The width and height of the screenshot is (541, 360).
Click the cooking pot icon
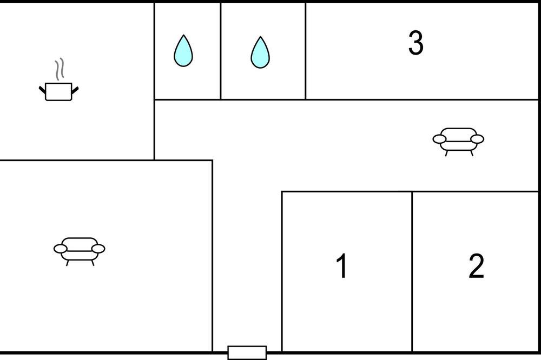click(x=58, y=91)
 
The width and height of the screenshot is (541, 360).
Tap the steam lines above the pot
click(x=60, y=68)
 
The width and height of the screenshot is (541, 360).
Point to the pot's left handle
click(x=42, y=90)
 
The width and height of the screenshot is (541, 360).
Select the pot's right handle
click(x=75, y=90)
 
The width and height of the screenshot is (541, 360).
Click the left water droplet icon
click(x=183, y=50)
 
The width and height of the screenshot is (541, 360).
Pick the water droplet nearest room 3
click(x=260, y=52)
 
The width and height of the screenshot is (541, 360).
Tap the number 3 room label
click(x=415, y=43)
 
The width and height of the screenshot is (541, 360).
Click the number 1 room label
click(x=341, y=265)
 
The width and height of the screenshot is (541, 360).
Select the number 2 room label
click(x=476, y=265)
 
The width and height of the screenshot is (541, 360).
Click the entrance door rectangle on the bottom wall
click(x=247, y=353)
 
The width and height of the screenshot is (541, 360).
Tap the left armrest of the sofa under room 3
click(x=439, y=139)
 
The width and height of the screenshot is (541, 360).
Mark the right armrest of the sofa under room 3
click(x=477, y=139)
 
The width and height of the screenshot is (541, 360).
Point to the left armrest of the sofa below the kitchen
click(x=61, y=249)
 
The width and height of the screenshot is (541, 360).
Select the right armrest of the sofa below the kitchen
click(x=98, y=249)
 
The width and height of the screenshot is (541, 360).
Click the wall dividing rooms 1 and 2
click(x=412, y=272)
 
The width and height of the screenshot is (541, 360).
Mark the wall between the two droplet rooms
click(x=221, y=51)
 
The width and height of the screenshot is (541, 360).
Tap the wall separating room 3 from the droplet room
click(x=305, y=51)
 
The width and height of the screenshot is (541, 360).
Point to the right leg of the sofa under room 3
click(x=471, y=154)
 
